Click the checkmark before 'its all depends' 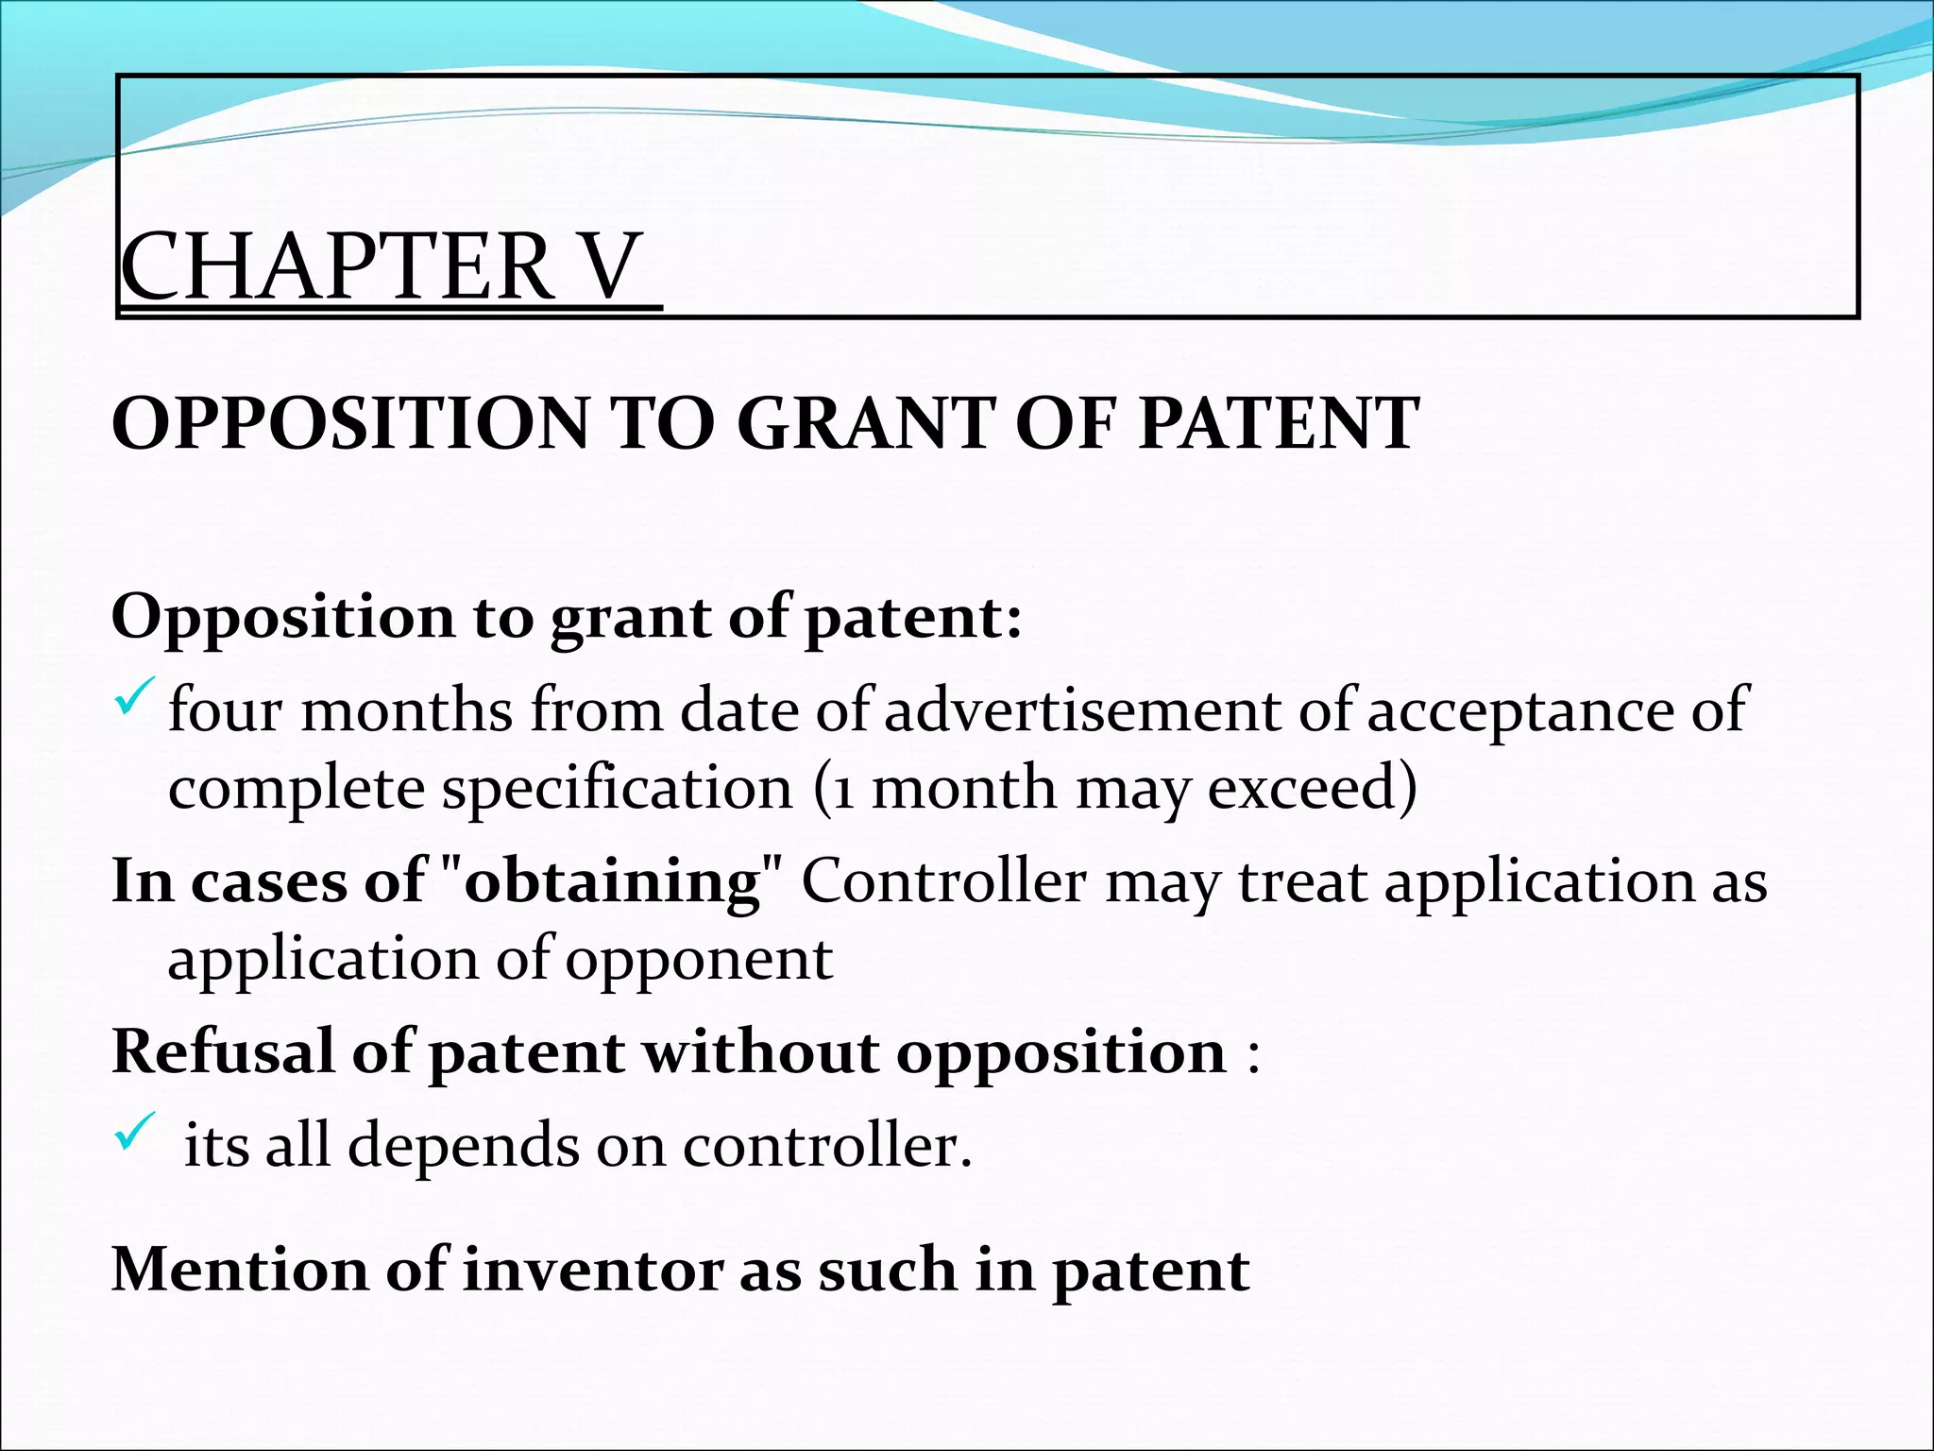[x=133, y=1132]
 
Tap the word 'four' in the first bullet [x=224, y=709]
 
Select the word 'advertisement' [x=1082, y=709]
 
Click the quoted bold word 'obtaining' [x=613, y=883]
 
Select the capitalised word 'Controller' [x=943, y=881]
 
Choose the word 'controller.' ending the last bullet [x=827, y=1146]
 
